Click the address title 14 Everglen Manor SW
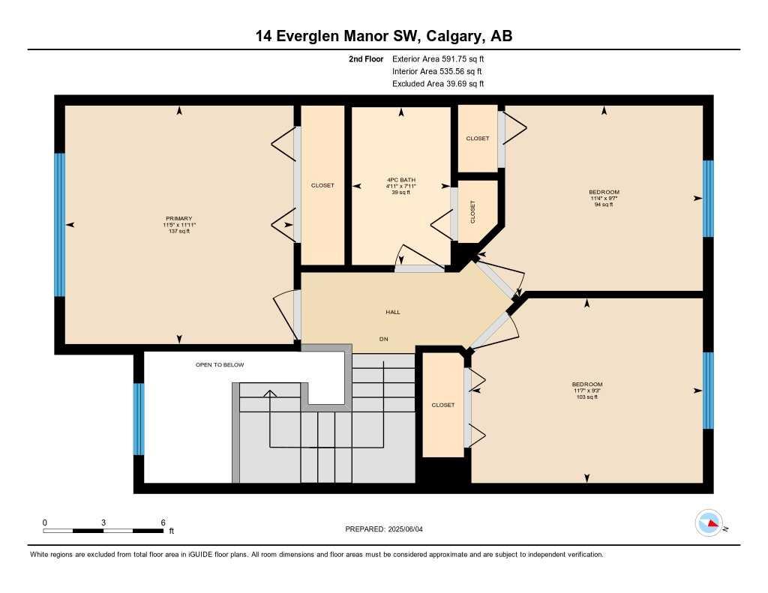click(383, 36)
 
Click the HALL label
click(393, 312)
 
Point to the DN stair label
click(383, 340)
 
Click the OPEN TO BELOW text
click(220, 365)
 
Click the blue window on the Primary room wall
click(59, 225)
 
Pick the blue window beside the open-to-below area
click(138, 419)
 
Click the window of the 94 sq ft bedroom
click(707, 199)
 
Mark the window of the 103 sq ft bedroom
click(707, 391)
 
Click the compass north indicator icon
click(709, 523)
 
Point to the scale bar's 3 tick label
click(103, 523)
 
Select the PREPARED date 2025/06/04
click(388, 529)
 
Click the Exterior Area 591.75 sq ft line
click(442, 58)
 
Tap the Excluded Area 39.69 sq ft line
click(438, 84)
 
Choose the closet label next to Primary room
click(322, 185)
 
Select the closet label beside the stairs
click(442, 405)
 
